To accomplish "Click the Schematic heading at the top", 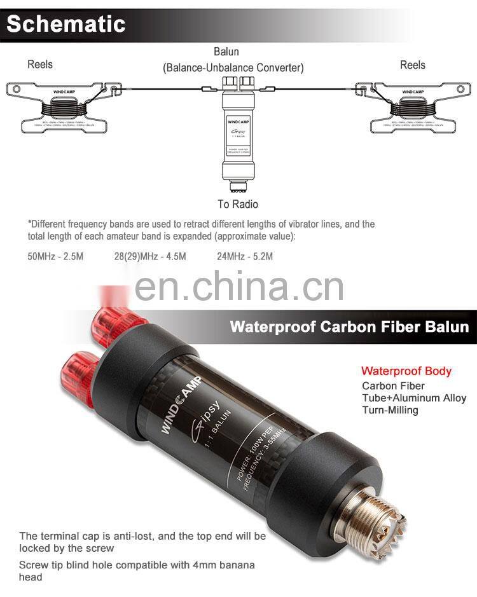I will (x=66, y=24).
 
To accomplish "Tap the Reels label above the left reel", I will (x=40, y=64).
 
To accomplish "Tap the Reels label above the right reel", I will (x=412, y=65).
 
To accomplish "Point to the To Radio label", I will (x=238, y=204).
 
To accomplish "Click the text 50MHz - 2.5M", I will (x=55, y=256).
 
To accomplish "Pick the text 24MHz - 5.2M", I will (x=245, y=256).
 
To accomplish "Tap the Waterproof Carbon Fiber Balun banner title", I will (x=349, y=327).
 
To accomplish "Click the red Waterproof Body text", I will (x=406, y=371).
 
